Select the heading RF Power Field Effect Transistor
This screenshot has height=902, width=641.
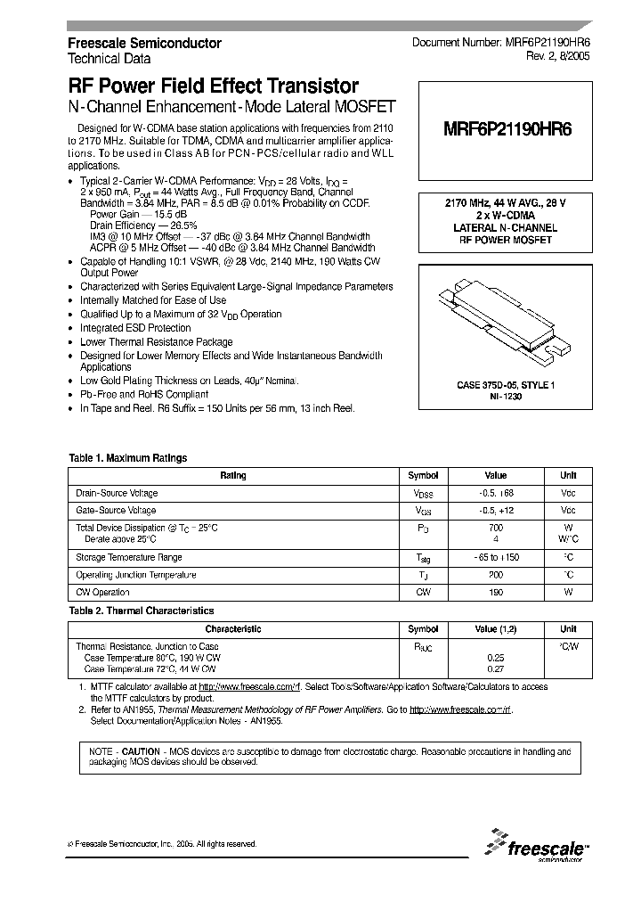[214, 86]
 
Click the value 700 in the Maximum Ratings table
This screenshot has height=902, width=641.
[496, 529]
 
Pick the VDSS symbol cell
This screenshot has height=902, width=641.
[423, 494]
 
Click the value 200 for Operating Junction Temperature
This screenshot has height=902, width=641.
[496, 576]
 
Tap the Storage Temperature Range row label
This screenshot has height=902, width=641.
[127, 558]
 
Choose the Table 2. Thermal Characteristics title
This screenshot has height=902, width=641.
[142, 611]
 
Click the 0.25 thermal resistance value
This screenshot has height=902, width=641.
[496, 657]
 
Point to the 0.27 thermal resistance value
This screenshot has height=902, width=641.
[496, 668]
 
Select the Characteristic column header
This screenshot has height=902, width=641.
[233, 629]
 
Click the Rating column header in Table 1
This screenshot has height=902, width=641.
[233, 476]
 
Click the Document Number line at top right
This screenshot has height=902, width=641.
[499, 44]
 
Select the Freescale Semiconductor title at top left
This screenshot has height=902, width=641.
[145, 44]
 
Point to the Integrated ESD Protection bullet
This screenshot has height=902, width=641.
[135, 328]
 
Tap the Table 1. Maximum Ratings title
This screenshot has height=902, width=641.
[128, 458]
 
